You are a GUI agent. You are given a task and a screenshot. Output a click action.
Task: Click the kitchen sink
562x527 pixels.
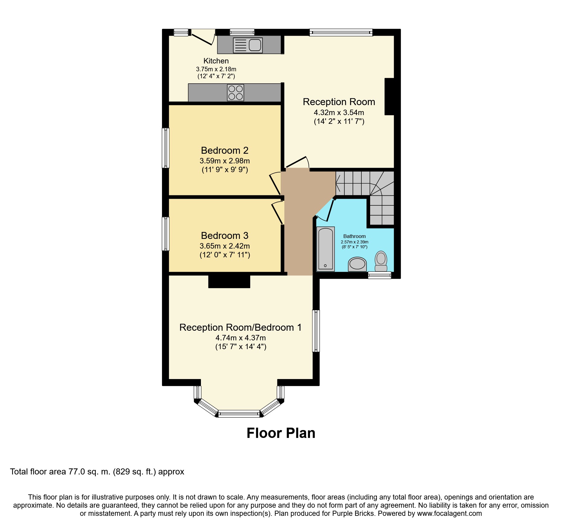(248, 45)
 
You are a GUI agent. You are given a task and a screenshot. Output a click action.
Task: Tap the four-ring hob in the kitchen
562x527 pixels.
(236, 92)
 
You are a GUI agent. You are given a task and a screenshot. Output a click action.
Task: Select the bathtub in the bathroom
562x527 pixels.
(325, 249)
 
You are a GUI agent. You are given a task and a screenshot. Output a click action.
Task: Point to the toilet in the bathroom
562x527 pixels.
(381, 261)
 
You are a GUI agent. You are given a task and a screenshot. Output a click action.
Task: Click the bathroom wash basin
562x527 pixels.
(357, 264)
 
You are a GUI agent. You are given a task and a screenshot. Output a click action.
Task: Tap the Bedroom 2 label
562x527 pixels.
(225, 150)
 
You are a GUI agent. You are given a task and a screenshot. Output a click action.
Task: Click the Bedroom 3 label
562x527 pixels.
(225, 236)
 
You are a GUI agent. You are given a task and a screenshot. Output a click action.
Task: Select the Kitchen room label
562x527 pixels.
(216, 61)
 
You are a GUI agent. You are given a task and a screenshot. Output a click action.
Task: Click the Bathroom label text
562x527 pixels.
(354, 236)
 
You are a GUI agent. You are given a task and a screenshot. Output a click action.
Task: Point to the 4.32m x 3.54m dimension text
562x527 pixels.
(339, 113)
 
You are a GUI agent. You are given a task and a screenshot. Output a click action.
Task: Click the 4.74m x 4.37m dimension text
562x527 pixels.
(241, 338)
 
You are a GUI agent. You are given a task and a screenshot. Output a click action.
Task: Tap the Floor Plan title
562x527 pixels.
(281, 433)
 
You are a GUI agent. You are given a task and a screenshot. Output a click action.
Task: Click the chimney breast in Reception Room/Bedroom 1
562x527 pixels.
(229, 281)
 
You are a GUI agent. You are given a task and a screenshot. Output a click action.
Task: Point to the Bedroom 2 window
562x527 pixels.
(166, 148)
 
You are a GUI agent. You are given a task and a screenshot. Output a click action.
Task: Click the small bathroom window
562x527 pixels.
(380, 275)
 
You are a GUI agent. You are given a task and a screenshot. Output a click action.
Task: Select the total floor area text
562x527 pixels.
(97, 472)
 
